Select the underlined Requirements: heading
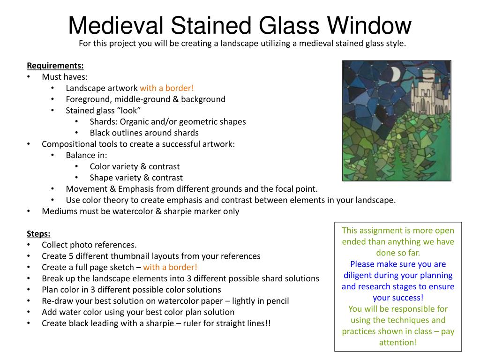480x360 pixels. [x=55, y=65]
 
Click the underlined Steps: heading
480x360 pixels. [x=38, y=233]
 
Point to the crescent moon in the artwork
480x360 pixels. [x=395, y=74]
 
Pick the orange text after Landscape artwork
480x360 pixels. [x=167, y=88]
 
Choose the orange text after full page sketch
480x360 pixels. [x=170, y=267]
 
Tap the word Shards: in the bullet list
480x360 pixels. [x=104, y=122]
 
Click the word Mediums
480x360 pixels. [x=59, y=211]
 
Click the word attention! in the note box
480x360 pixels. [x=397, y=343]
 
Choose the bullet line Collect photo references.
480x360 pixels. [x=89, y=245]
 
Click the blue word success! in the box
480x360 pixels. [x=397, y=298]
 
